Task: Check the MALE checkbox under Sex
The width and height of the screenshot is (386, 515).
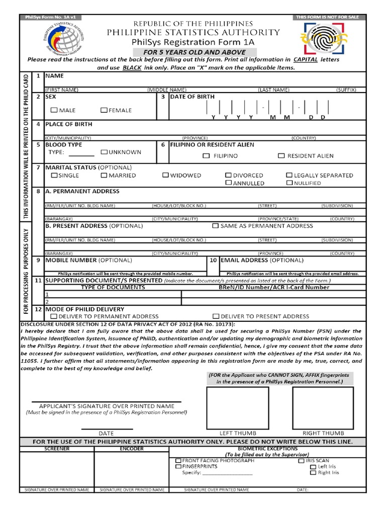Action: click(54, 110)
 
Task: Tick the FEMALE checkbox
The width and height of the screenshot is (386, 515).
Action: click(104, 110)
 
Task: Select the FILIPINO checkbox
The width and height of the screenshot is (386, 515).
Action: click(206, 156)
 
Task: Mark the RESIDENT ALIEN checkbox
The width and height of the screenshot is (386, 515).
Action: click(281, 156)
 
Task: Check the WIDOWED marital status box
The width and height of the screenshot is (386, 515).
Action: click(165, 176)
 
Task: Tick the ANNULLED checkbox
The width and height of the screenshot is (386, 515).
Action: click(229, 183)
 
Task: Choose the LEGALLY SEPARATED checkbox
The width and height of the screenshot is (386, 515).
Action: click(289, 176)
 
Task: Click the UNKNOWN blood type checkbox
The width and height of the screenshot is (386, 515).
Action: click(104, 152)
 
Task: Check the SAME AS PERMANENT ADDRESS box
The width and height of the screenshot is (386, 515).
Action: click(216, 226)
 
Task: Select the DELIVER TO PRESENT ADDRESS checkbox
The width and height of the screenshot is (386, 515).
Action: click(216, 316)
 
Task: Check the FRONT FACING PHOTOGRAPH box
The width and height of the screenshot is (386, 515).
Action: click(178, 461)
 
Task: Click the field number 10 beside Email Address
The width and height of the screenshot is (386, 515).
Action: click(213, 261)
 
